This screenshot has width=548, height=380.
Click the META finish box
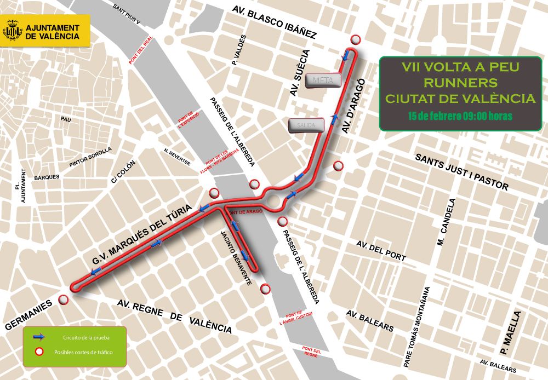tap(323, 80)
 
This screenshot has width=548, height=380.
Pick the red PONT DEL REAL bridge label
tap(141, 50)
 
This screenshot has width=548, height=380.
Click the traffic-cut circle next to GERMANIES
tap(64, 300)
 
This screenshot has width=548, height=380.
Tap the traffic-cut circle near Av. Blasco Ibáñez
tap(356, 39)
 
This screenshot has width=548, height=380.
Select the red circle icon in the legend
tap(38, 352)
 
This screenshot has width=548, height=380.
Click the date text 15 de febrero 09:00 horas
tap(460, 116)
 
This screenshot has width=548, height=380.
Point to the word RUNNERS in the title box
tap(460, 83)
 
